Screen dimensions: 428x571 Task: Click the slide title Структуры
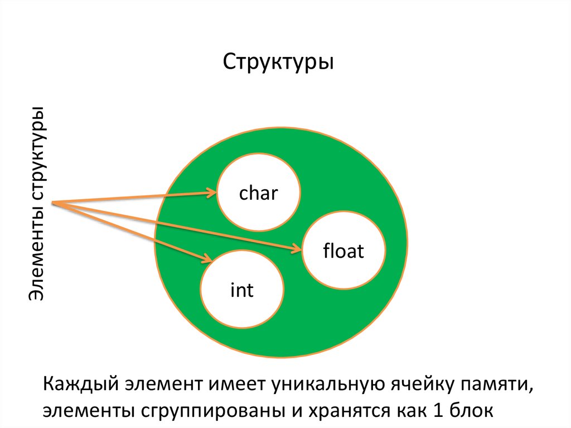[279, 62]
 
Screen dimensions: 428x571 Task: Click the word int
[241, 290]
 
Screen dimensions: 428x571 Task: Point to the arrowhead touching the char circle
[212, 193]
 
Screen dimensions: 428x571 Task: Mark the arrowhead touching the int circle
[207, 259]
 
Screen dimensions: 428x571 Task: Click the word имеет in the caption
[235, 385]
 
